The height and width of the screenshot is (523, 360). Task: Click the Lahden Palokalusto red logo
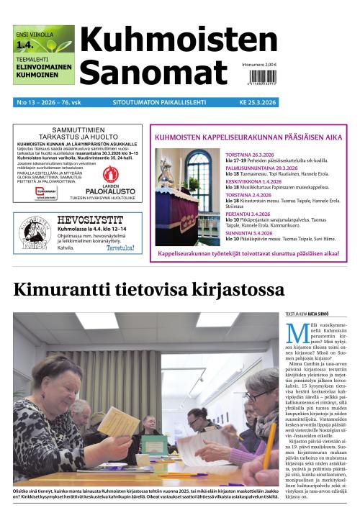pos(111,173)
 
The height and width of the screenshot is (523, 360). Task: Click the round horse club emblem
pos(34,234)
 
